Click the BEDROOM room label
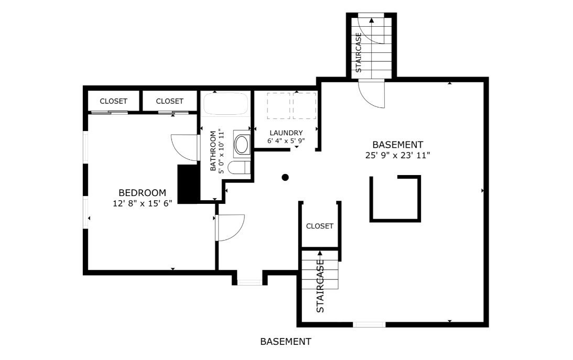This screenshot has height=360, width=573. coord(142,192)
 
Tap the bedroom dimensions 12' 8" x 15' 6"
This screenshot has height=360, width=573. coord(142,203)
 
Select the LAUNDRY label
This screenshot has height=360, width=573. coord(286,133)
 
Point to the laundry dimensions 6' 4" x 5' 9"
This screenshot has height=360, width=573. coord(286,140)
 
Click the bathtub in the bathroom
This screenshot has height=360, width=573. coord(225,104)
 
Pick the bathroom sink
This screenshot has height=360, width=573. coord(241,145)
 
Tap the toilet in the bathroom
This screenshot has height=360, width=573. coord(238,168)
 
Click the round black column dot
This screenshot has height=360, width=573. coord(285,178)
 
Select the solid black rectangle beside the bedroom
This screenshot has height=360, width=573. coord(187,183)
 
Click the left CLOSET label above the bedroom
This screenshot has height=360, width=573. coord(114,101)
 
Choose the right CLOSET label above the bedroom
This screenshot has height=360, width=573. coord(169,101)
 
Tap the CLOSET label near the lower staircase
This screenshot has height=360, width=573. coord(320,226)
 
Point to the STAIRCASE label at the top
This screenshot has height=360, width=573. coord(359,52)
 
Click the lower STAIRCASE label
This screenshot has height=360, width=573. coord(320,286)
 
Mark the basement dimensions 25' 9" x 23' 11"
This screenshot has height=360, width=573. coord(397,156)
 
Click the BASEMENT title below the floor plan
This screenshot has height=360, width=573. coord(286,342)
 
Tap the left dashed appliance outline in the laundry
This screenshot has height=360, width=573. coord(279,105)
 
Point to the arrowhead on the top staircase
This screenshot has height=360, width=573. coord(372,20)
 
